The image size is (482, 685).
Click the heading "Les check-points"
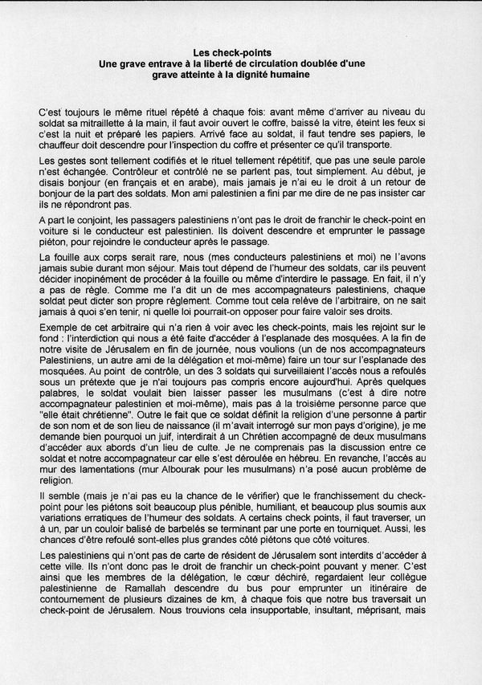click(x=241, y=50)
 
